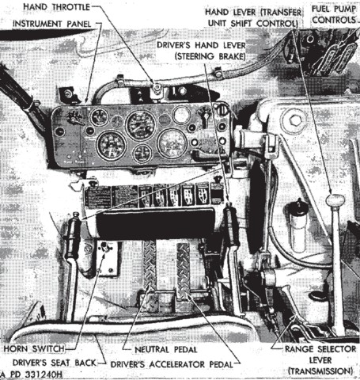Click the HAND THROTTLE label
pyautogui.click(x=56, y=7)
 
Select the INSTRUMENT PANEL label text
pyautogui.click(x=52, y=24)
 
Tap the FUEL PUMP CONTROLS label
pyautogui.click(x=334, y=14)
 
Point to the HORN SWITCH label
pyautogui.click(x=34, y=348)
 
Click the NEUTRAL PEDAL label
pyautogui.click(x=166, y=350)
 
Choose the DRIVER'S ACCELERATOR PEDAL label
pyautogui.click(x=172, y=364)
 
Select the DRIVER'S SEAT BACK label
pyautogui.click(x=54, y=363)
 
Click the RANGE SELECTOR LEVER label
pyautogui.click(x=320, y=360)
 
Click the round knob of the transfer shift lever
pyautogui.click(x=335, y=200)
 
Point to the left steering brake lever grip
pyautogui.click(x=73, y=236)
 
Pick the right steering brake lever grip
pyautogui.click(x=231, y=224)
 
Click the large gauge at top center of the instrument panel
pyautogui.click(x=141, y=125)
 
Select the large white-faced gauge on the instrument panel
pyautogui.click(x=172, y=143)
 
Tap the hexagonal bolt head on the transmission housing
pyautogui.click(x=294, y=120)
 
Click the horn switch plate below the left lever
pyautogui.click(x=107, y=258)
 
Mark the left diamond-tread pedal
pyautogui.click(x=149, y=264)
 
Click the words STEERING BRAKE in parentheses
pyautogui.click(x=210, y=56)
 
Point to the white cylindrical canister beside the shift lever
pyautogui.click(x=297, y=228)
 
